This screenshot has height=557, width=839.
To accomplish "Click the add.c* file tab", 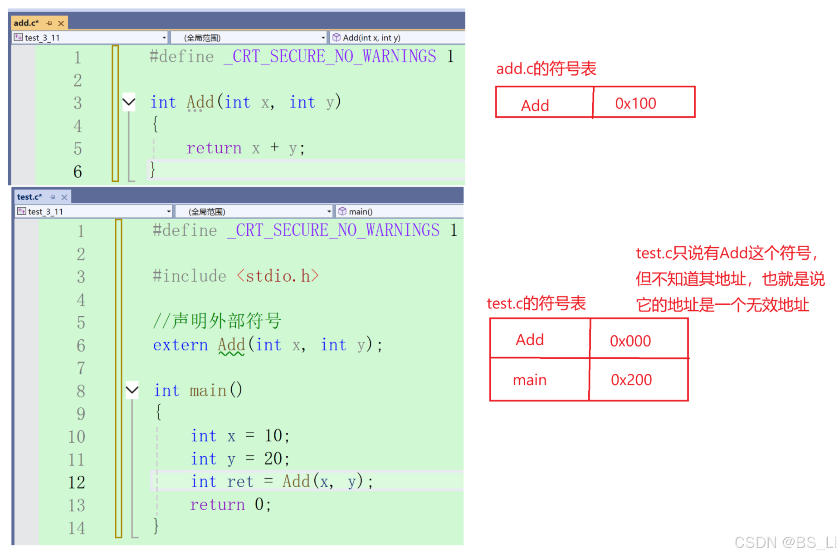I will (26, 23).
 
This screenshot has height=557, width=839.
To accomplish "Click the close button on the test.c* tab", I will (64, 197).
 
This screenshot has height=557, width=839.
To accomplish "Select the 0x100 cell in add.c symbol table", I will (644, 103).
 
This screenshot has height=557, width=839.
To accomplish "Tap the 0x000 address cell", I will (639, 340).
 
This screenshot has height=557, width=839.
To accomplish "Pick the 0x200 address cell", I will (639, 380).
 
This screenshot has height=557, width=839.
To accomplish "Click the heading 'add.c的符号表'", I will (546, 69).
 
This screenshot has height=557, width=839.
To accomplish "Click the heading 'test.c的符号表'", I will (536, 303).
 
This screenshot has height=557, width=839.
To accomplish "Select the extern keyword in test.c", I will (180, 345).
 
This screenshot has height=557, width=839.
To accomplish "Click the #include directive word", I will (189, 276).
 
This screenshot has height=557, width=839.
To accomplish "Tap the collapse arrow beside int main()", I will (132, 390).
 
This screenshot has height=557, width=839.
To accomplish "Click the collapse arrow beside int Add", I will (129, 102).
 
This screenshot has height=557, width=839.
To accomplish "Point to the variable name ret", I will (240, 482).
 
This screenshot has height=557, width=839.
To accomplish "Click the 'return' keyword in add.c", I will (214, 148).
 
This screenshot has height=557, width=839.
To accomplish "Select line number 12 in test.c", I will (77, 482).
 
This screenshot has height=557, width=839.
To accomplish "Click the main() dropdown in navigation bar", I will (399, 211).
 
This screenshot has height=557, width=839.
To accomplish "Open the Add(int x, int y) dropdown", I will (397, 38).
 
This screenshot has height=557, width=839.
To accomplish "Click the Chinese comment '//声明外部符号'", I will (217, 321).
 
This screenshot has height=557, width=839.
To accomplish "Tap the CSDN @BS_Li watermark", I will (785, 542).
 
